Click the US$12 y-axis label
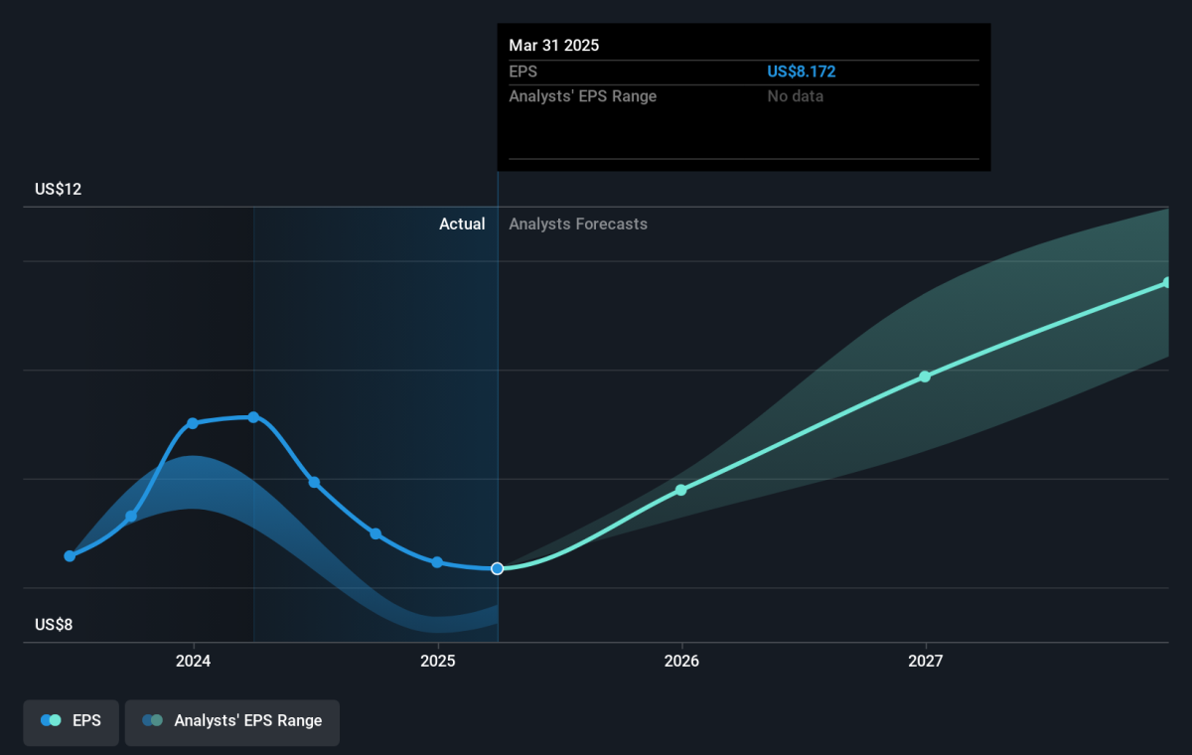[58, 189]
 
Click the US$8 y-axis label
[54, 624]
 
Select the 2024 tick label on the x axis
[193, 661]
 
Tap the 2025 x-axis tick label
[437, 661]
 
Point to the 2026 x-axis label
[681, 661]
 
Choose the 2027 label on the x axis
[926, 661]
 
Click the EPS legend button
[71, 722]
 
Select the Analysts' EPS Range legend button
[232, 722]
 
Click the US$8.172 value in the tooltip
[801, 72]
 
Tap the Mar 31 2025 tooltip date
[553, 46]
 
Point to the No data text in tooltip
[795, 96]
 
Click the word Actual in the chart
[462, 224]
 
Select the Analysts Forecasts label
[578, 224]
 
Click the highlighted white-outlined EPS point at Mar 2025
[497, 569]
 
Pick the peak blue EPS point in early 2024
[253, 417]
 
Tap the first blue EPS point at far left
[70, 556]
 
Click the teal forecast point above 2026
[681, 490]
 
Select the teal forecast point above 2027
[925, 377]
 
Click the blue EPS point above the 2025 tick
[437, 562]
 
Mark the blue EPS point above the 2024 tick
[193, 423]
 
